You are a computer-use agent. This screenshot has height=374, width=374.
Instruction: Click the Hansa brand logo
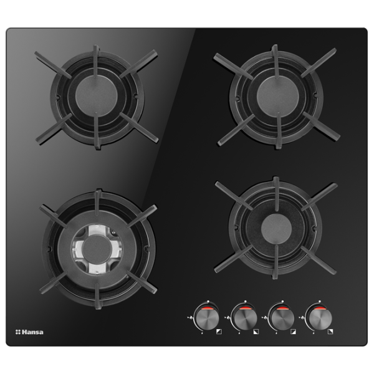[x=29, y=332]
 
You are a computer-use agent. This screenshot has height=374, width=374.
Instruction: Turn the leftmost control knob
[x=206, y=318]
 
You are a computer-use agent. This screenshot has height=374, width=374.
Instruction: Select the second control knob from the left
[x=244, y=318]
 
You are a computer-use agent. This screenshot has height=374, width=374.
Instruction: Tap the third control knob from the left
[x=282, y=318]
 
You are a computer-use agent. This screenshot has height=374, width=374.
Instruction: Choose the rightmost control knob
[x=319, y=318]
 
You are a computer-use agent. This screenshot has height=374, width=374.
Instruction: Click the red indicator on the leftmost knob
[x=206, y=309]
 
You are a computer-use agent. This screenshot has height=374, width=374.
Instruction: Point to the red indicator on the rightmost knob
[x=319, y=309]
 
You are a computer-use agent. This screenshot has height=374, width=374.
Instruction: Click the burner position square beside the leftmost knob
[x=219, y=332]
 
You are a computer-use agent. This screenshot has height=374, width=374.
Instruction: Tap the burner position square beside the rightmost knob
[x=330, y=332]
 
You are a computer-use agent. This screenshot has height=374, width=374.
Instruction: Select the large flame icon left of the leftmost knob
[x=191, y=318]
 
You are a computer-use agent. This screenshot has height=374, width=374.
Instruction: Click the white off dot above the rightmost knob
[x=320, y=302]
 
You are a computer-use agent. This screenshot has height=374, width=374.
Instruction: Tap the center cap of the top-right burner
[x=277, y=97]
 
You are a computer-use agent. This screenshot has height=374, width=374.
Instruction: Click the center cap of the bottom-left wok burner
[x=97, y=250]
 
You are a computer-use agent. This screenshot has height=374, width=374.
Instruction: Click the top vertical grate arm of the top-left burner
[x=96, y=62]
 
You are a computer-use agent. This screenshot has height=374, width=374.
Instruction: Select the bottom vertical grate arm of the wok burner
[x=97, y=295]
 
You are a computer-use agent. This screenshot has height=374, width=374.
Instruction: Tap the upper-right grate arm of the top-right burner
[x=319, y=62]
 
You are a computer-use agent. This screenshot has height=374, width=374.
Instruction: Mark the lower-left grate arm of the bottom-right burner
[x=234, y=259]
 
